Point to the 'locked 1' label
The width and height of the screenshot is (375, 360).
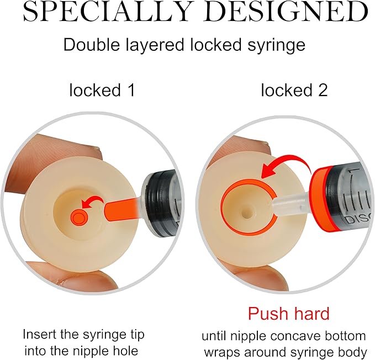(x=102, y=90)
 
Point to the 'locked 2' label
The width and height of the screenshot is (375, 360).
(x=294, y=90)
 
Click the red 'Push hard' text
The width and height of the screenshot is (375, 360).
(x=288, y=314)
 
